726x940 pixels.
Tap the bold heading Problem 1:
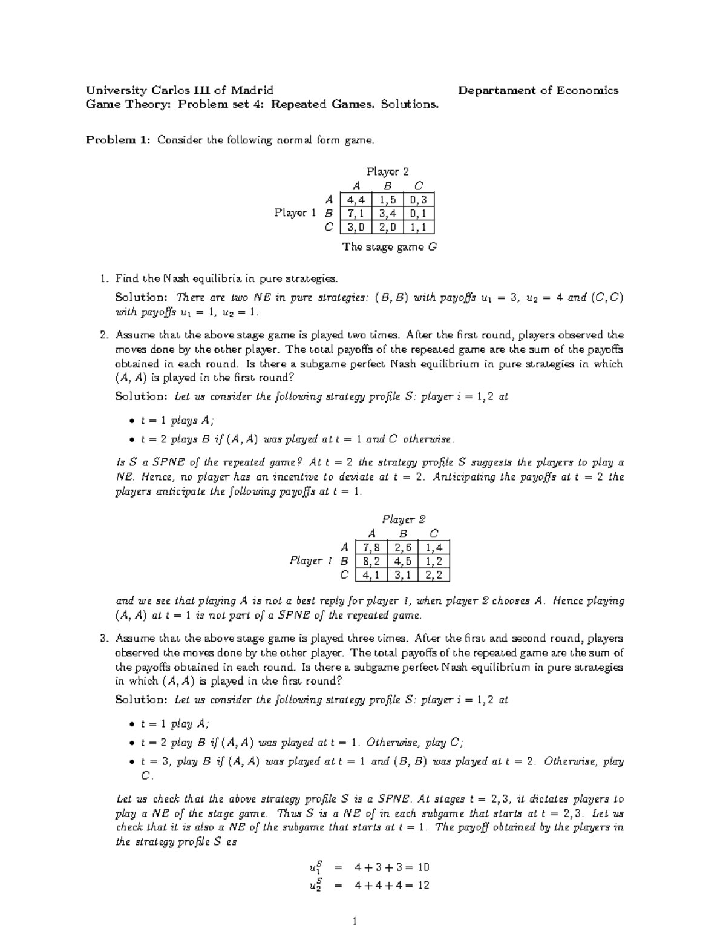pyautogui.click(x=117, y=140)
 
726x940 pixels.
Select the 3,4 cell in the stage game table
pyautogui.click(x=387, y=213)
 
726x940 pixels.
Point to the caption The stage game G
pyautogui.click(x=389, y=247)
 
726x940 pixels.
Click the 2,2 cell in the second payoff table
pyautogui.click(x=434, y=575)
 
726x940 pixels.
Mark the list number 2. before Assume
pyautogui.click(x=105, y=335)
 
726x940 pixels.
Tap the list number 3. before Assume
pyautogui.click(x=105, y=639)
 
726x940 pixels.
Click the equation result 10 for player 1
pyautogui.click(x=423, y=867)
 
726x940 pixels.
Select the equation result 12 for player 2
pyautogui.click(x=423, y=885)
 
